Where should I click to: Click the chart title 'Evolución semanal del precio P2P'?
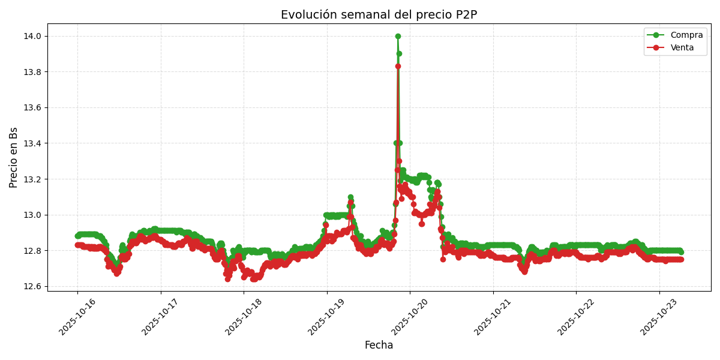[379, 15]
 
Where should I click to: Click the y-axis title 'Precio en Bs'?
[14, 157]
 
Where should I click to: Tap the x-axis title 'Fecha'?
[379, 346]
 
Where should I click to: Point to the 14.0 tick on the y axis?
[32, 36]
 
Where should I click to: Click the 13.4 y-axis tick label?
[32, 143]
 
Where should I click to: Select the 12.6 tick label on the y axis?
[32, 286]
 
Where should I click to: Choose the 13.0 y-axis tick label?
[32, 215]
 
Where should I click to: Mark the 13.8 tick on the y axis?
[32, 72]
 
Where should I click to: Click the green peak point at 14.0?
[398, 36]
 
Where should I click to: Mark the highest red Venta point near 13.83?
[398, 67]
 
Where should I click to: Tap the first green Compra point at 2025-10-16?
[77, 236]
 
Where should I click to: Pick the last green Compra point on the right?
[680, 252]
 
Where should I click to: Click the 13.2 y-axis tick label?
[32, 179]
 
